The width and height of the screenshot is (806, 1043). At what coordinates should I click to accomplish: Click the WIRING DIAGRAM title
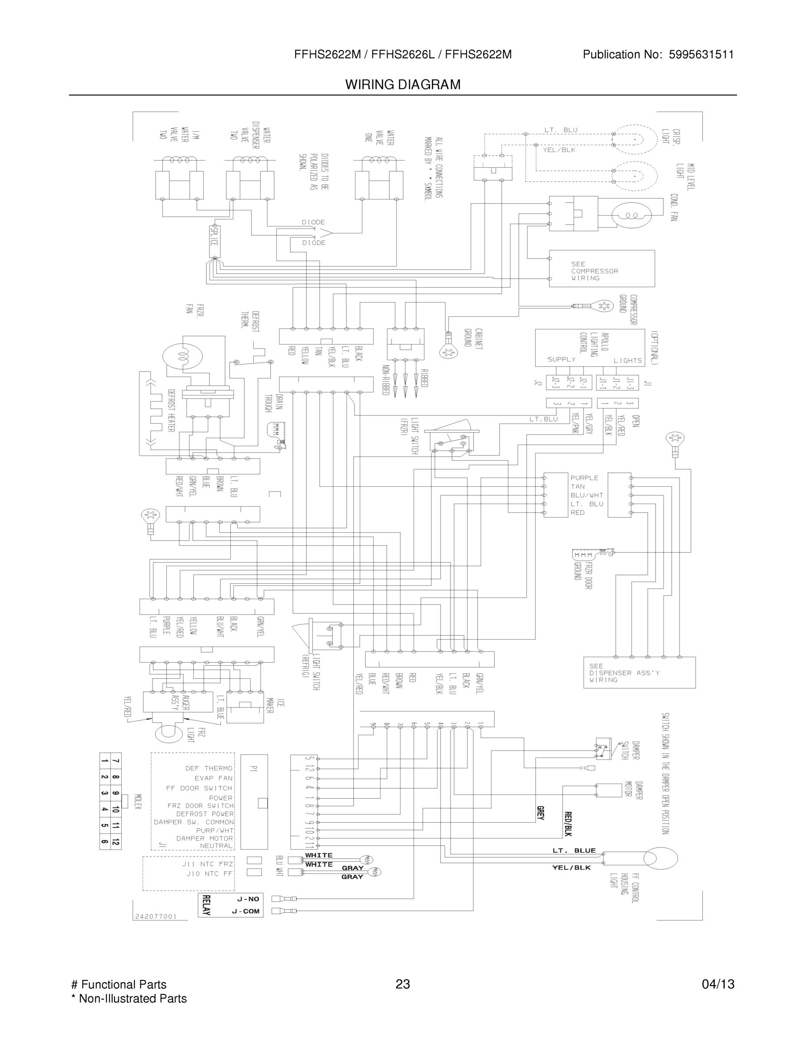coord(402,85)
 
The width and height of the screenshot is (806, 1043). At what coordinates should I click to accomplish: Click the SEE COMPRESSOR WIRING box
coord(601,269)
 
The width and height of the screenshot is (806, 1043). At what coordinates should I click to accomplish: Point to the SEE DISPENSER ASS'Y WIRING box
coord(639,672)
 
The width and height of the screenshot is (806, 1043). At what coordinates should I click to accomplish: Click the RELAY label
coord(206,905)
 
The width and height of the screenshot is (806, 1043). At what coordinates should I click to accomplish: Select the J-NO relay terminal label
coord(248,899)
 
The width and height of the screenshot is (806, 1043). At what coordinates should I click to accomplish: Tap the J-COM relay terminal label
coord(245,911)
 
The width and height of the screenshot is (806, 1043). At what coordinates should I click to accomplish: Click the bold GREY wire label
coord(541,813)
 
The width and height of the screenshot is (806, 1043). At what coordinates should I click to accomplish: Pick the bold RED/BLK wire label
coord(568,824)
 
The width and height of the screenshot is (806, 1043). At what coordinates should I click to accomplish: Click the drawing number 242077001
coord(156,917)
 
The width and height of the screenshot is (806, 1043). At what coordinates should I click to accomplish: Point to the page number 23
coord(402,984)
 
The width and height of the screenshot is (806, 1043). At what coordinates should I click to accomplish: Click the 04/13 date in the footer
coord(718,984)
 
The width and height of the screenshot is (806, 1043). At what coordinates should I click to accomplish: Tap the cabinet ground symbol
coord(448,351)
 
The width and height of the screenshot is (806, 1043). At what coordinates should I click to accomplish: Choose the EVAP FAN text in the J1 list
coord(213,778)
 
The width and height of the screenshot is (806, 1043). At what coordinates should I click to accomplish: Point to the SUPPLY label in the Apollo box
coord(561,359)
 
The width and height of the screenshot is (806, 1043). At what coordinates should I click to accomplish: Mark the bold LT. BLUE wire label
coord(574,850)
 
